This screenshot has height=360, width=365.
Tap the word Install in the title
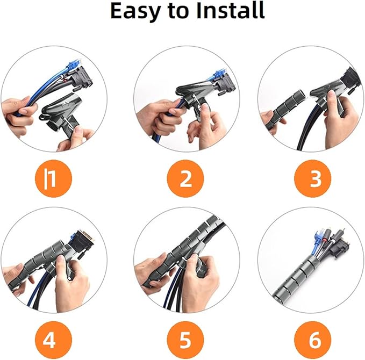(x=231, y=10)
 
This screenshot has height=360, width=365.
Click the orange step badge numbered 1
(x=53, y=178)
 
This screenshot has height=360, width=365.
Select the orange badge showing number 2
(x=185, y=178)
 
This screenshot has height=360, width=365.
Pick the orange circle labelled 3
(x=313, y=178)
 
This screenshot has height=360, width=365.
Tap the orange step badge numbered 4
(x=53, y=340)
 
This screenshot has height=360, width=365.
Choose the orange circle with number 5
(x=185, y=340)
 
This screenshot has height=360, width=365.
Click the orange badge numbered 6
(x=313, y=340)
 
